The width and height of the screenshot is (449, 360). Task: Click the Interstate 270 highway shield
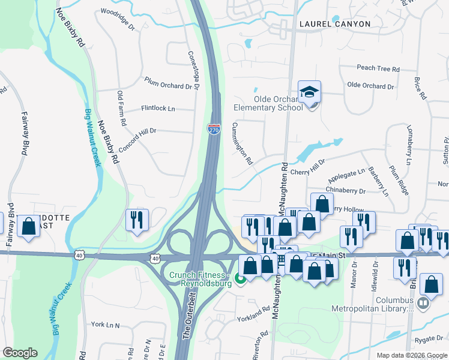point(214,128)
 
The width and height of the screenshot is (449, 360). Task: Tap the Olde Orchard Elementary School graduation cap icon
point(309,92)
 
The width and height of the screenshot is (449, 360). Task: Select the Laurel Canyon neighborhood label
point(334,24)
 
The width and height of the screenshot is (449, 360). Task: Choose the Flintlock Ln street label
point(158,109)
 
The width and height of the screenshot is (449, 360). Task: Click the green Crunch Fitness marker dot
point(240,278)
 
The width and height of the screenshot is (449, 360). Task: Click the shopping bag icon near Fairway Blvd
point(28,226)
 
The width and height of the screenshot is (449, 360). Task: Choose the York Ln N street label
point(106,325)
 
